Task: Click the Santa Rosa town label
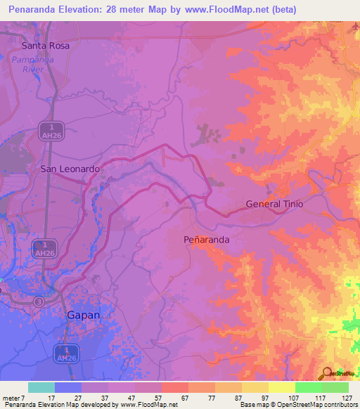45,46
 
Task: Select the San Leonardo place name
69,169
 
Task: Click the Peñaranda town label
207,239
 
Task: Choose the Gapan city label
83,315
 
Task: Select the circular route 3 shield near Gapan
39,301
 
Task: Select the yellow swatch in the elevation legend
282,387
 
